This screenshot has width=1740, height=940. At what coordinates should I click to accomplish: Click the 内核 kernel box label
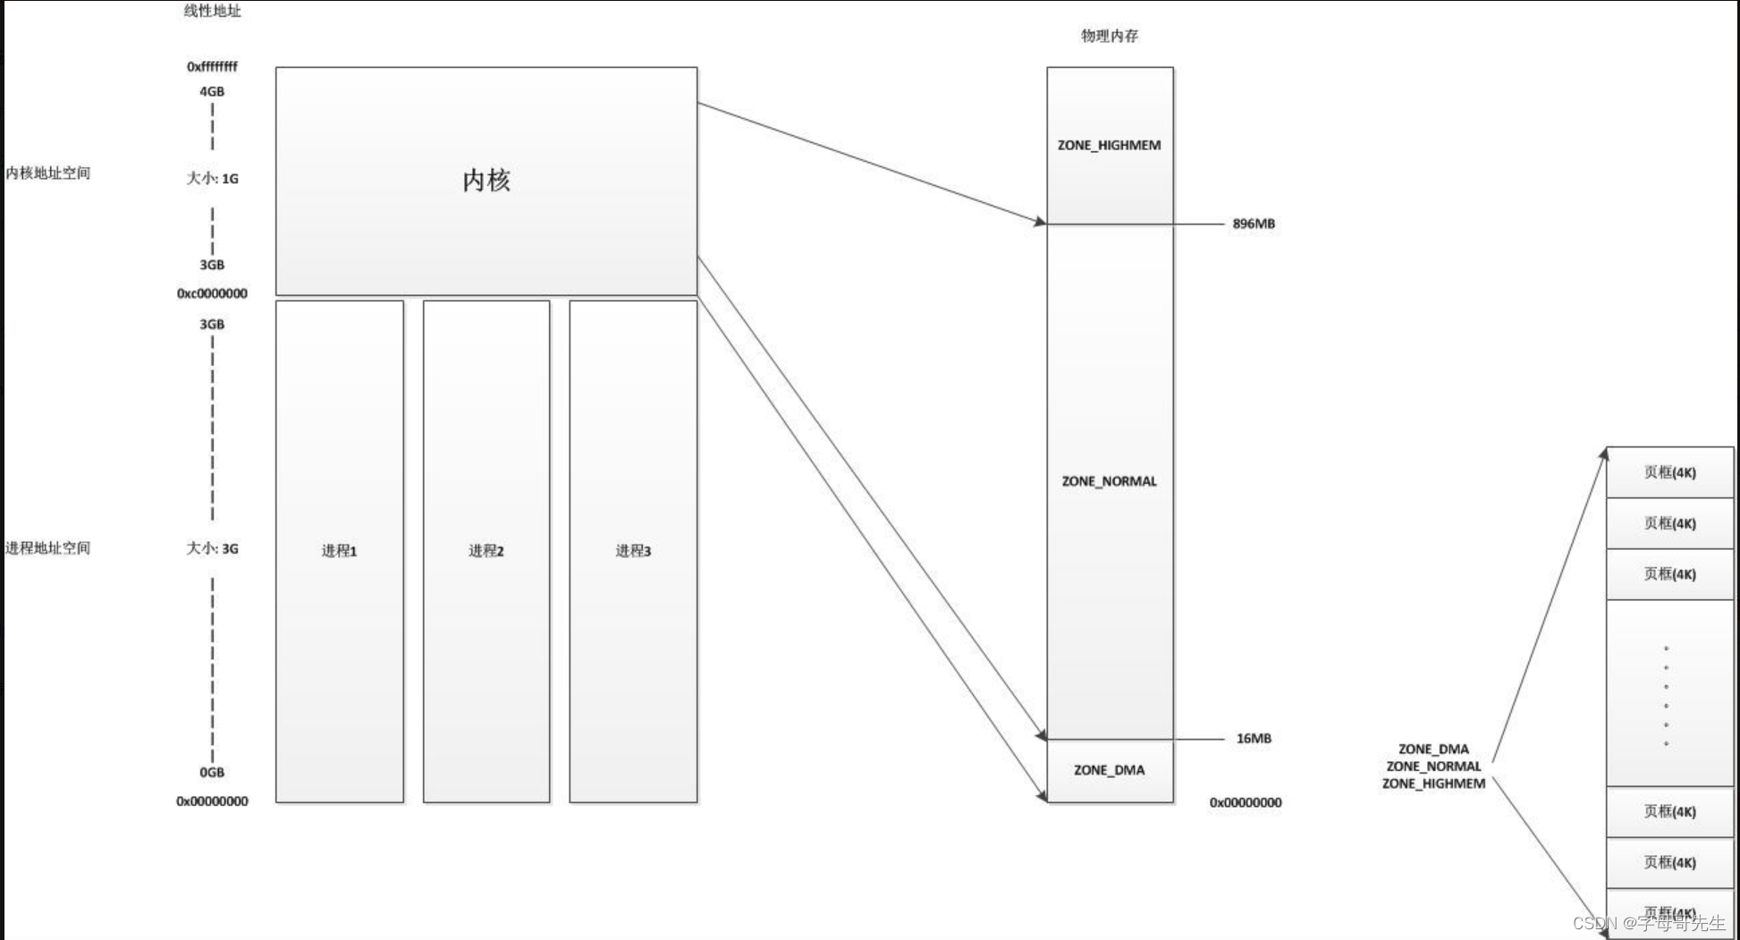486,180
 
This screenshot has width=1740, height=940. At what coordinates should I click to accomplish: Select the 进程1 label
339,551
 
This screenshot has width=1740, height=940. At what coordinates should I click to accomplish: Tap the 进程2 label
486,551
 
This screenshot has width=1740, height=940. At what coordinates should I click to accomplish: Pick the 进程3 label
633,551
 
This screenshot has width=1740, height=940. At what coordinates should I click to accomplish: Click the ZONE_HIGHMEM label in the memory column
1109,145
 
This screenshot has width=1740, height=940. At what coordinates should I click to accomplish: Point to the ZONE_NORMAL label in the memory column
1109,481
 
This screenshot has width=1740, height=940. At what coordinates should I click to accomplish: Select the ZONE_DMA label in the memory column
1109,770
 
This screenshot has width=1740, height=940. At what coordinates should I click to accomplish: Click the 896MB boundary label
1254,224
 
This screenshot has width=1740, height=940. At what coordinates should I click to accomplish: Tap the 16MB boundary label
1254,739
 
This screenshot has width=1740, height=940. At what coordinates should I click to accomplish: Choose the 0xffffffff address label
212,67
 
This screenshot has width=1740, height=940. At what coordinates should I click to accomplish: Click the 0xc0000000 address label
212,293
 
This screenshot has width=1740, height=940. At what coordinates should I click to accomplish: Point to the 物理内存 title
1110,36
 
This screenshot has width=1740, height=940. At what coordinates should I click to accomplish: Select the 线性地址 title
212,11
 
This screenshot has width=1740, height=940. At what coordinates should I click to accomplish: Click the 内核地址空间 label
48,173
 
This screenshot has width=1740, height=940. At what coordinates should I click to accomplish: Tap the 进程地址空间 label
48,548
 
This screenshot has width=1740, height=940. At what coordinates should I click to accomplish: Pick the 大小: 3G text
212,548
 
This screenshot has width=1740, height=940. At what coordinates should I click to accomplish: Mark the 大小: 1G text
212,179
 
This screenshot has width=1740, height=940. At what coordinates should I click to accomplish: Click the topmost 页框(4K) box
1669,472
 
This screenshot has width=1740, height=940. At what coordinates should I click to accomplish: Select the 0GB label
212,773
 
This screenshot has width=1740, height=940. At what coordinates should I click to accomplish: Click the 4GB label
212,91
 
